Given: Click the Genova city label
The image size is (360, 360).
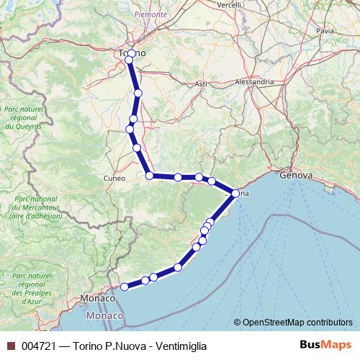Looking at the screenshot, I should click(296, 175).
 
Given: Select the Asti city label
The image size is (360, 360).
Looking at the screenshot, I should click(201, 84).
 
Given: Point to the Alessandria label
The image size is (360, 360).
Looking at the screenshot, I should click(254, 82).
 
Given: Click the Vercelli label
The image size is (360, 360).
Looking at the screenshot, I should click(229, 4).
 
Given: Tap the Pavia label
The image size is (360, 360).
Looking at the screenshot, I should click(325, 31).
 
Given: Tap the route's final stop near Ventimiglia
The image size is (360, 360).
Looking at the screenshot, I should click(124, 287).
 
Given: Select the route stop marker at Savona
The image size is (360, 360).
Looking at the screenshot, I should click(235, 193).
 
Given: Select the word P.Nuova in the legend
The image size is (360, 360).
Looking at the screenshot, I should click(122, 346).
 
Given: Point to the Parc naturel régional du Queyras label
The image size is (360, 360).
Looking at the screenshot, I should click(22, 117).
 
